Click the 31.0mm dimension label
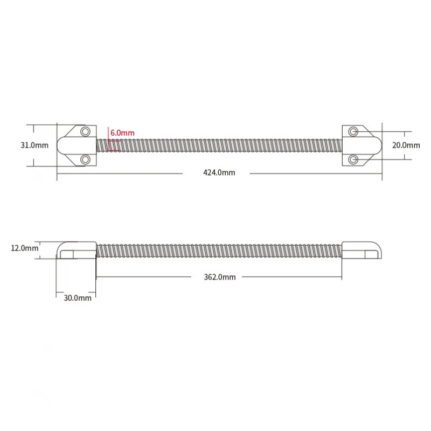[34, 145]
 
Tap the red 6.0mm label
[122, 133]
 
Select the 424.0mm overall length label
[219, 172]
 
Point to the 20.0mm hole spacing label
[406, 145]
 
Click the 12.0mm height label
[25, 248]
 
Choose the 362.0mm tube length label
[220, 277]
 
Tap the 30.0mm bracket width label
[78, 298]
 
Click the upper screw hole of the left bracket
[85, 131]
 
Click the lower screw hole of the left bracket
[85, 159]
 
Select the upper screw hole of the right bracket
[353, 131]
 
